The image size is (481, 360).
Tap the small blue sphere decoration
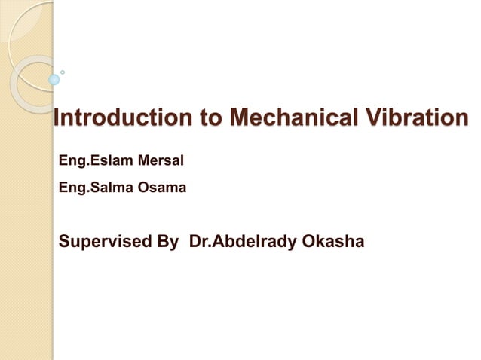(x=54, y=79)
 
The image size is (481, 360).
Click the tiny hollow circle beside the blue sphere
(x=63, y=72)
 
